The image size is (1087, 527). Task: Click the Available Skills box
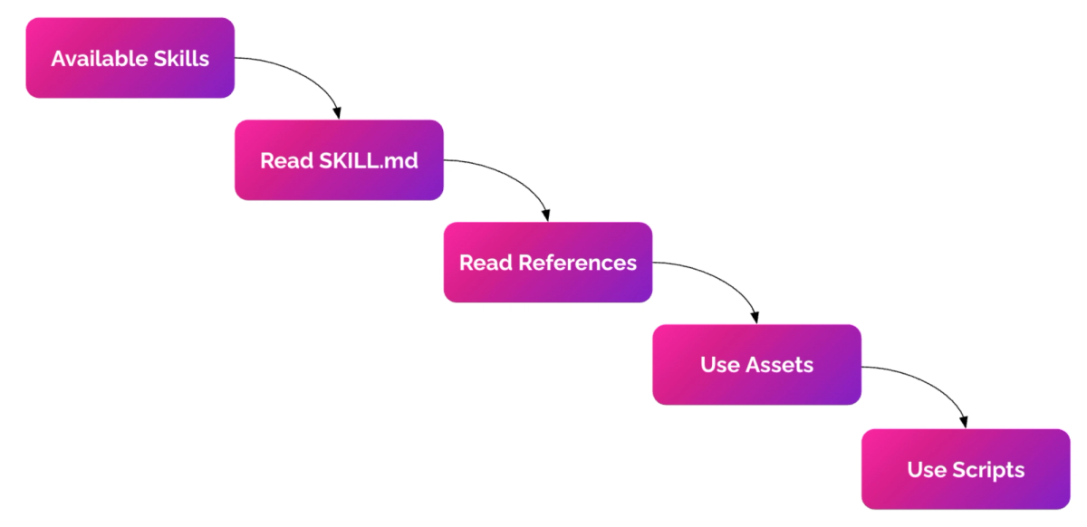pos(130,58)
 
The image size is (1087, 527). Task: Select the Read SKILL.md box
pos(339,160)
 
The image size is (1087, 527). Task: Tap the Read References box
pos(548,263)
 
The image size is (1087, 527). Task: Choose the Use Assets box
pos(756,364)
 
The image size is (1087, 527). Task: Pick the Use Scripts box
pos(966,469)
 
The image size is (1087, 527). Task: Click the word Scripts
pos(988,470)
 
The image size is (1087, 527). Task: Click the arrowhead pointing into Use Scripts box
pos(965,421)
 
